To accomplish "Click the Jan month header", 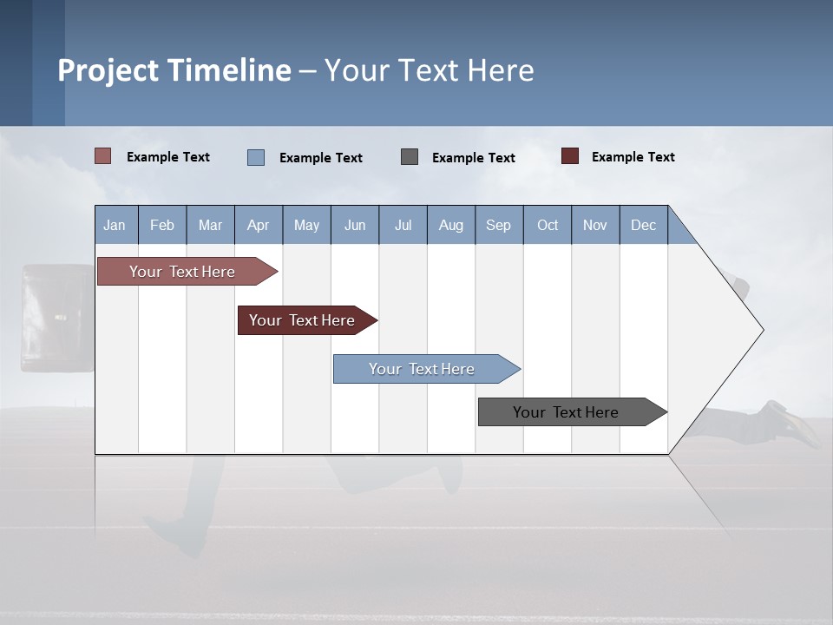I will (115, 225).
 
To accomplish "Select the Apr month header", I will (258, 225).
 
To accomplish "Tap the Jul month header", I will (403, 225).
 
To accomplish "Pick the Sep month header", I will (498, 225).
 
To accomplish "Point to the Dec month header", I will (643, 225).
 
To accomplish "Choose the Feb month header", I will (162, 225).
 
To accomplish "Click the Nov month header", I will (594, 225).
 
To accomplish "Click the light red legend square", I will (103, 156).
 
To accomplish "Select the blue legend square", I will (256, 157).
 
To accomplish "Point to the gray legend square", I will (410, 157).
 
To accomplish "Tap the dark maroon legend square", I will (570, 156).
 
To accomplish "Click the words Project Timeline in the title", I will (174, 70).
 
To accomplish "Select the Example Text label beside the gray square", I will (473, 158).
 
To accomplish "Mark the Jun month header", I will (355, 225).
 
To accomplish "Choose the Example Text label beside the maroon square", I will (633, 157).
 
